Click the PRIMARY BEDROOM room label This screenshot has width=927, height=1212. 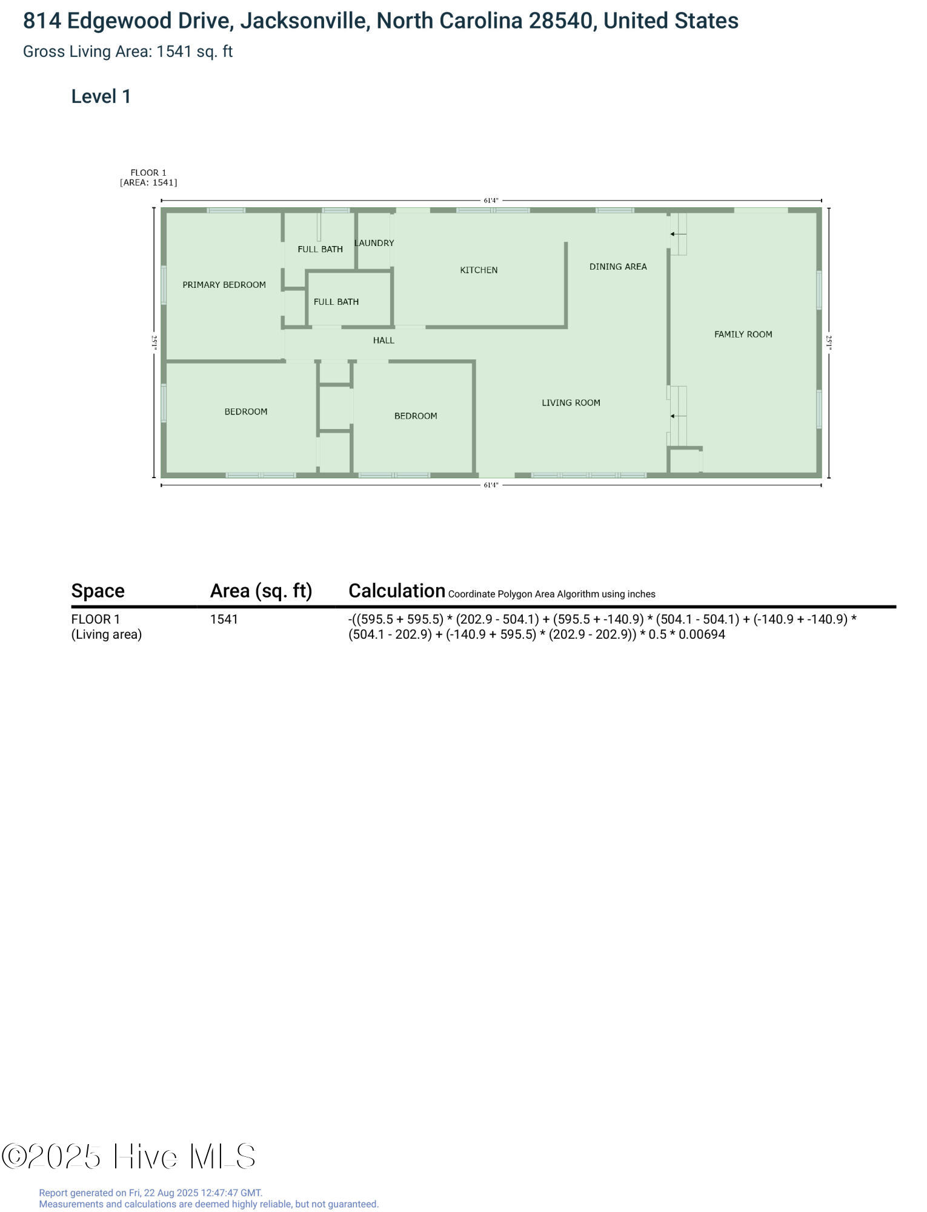pos(224,285)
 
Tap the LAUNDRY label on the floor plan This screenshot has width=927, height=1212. pos(374,243)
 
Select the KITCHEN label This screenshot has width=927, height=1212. pos(479,270)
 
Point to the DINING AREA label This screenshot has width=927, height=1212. pos(618,267)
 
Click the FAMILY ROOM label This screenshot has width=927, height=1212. pos(743,335)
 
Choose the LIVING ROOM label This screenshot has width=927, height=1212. pos(571,403)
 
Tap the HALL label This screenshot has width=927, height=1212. pos(384,341)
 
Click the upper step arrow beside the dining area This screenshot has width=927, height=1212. pos(678,234)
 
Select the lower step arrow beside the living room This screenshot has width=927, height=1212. pos(678,416)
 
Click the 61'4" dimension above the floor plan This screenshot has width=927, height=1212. pos(491,201)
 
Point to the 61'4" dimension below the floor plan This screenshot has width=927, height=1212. pos(491,485)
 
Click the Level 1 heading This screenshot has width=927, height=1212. pos(101,96)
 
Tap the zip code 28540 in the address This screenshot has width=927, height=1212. pos(560,21)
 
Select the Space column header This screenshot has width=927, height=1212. pos(98,591)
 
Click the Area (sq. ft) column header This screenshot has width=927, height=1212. pos(261,591)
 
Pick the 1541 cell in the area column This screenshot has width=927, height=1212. pos(224,619)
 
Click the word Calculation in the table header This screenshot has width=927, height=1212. pos(397,591)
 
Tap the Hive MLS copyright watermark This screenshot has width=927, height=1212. pos(128,1157)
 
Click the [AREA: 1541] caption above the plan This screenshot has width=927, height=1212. pos(148,182)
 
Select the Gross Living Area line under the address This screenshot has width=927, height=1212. pos(128,52)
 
